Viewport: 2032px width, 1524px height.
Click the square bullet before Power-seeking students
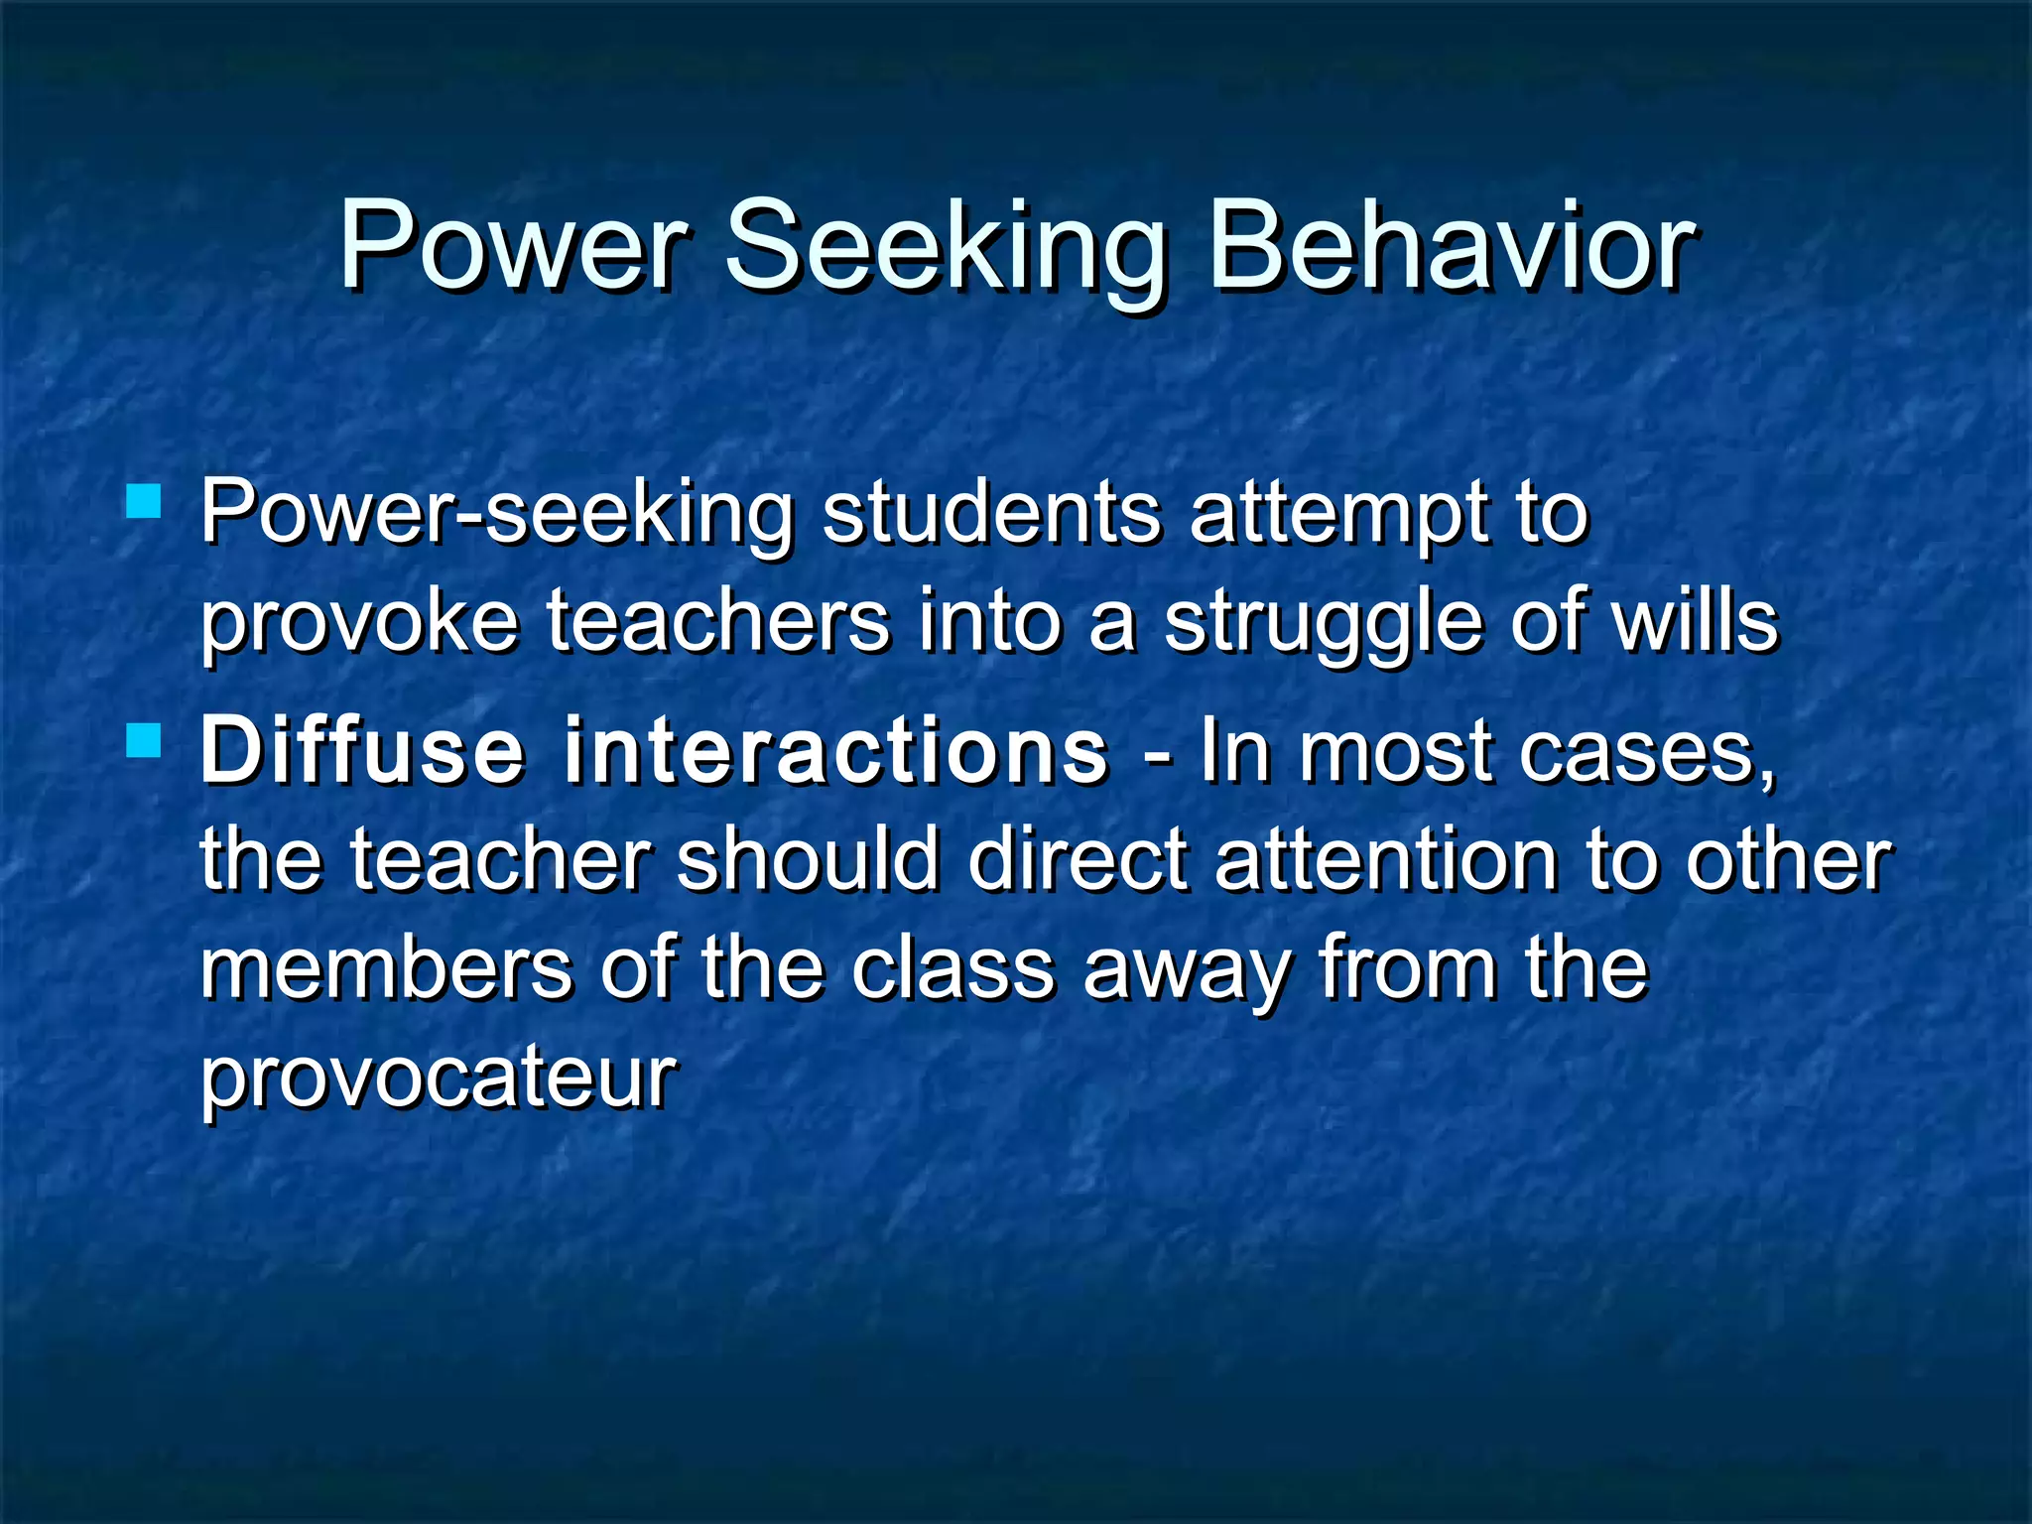click(x=145, y=501)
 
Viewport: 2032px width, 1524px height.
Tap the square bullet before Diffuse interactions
click(x=145, y=740)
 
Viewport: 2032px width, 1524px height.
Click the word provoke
click(x=359, y=623)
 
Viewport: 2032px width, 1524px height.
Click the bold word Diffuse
click(x=361, y=750)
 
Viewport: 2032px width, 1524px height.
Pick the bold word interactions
click(x=835, y=750)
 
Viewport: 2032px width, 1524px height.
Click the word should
click(x=808, y=859)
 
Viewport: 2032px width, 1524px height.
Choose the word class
click(x=952, y=968)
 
